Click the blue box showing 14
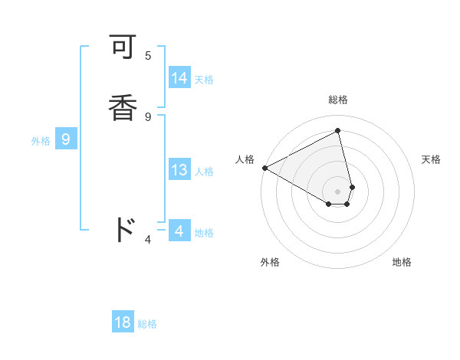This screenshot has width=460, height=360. pos(179,78)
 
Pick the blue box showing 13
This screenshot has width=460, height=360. pos(179,170)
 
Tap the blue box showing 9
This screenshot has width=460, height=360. pos(66,139)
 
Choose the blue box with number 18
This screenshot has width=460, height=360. pos(123,322)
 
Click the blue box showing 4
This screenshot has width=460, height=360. pos(179,231)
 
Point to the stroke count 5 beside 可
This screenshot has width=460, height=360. pos(148,55)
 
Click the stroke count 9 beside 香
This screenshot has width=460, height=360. pos(148,116)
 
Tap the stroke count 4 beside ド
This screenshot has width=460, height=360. pos(148,240)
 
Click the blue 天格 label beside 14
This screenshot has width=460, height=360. pos(204,80)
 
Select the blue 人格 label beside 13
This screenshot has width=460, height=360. pos(204,172)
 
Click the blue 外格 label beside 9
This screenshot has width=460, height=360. pos(41,141)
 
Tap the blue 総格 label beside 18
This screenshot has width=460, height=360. pos(147,324)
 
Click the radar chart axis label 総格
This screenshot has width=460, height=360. pos(338,100)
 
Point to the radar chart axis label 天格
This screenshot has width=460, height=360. pos(431,159)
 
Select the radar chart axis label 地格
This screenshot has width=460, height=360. pos(402,262)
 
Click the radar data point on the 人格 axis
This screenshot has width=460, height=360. pos(264,168)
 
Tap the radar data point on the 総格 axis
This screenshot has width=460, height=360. pos(338,130)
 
